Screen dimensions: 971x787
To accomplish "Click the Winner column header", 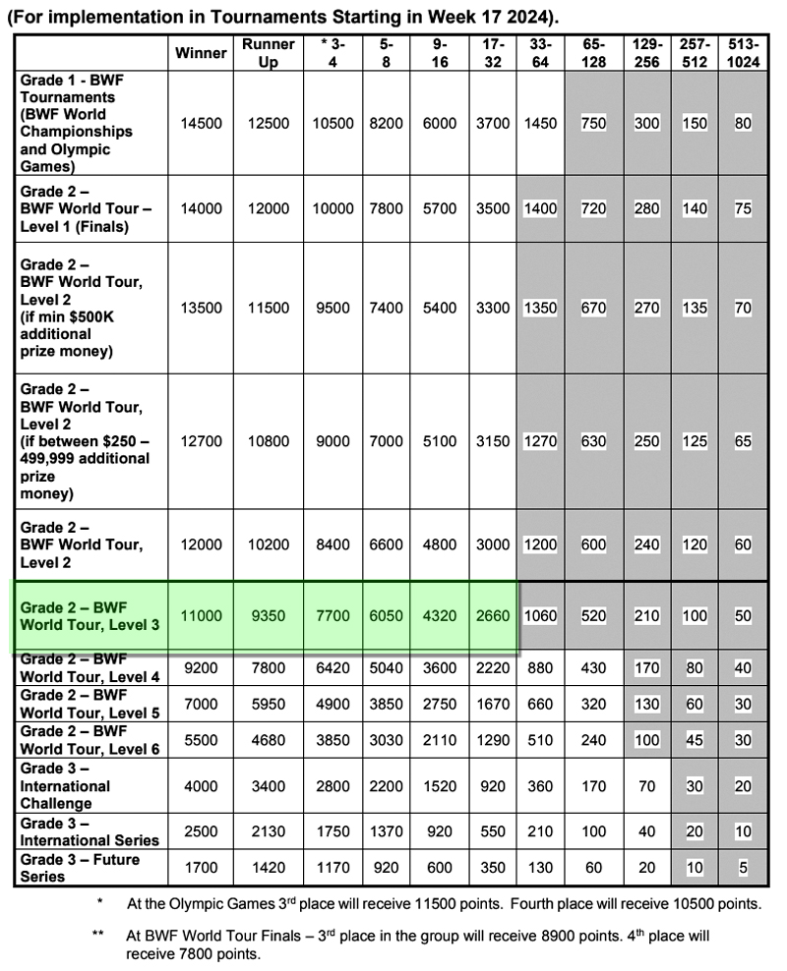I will coord(201,53).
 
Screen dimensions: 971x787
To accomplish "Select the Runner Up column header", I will coord(269,53).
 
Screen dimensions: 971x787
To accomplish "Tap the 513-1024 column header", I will coord(743,53).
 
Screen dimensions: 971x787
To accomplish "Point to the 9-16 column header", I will coord(440,53).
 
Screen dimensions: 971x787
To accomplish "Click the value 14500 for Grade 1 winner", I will coord(201,124).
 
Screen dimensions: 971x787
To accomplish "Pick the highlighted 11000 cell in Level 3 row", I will coord(201,616).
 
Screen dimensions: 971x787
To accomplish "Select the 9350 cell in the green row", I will coord(269,616).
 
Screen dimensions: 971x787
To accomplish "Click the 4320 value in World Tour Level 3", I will coord(440,616).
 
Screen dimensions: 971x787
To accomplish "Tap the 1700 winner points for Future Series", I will coord(201,868).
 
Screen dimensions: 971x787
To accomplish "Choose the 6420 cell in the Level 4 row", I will coord(332,668).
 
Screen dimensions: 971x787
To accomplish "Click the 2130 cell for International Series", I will coord(269,831).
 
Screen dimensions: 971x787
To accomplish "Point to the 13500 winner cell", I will coord(201,308).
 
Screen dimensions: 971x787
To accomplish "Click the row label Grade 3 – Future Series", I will coord(80,868).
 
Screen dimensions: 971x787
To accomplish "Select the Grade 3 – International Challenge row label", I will coord(67,786).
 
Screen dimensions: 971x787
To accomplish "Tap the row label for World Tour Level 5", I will coord(87,705).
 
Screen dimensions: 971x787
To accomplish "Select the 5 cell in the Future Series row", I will coord(743,868).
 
